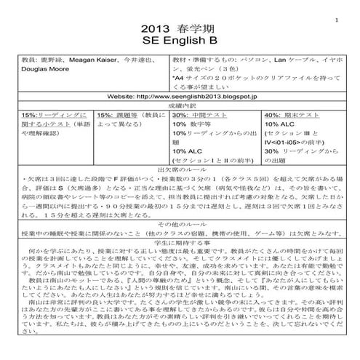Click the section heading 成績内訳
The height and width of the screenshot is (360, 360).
point(180,105)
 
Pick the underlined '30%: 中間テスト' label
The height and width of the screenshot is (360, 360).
point(201,115)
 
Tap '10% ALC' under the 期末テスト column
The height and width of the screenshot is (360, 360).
point(280,124)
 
